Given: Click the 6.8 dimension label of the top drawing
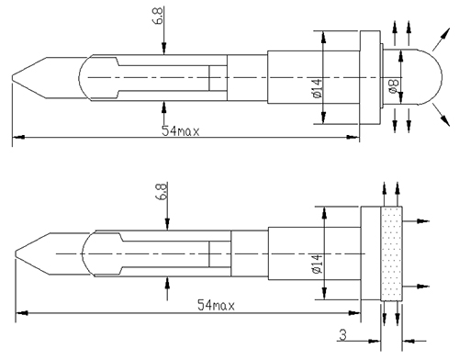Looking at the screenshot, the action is tap(159, 17).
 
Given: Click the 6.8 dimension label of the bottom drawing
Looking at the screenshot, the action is tap(162, 191).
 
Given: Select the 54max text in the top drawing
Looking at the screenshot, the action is tap(180, 130).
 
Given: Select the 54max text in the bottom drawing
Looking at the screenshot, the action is tap(216, 305).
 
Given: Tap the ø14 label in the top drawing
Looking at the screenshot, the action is tap(318, 88).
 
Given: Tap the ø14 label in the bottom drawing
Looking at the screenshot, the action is tap(318, 264).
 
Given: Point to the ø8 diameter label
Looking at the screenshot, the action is tap(394, 85).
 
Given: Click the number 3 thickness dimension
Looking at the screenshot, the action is tap(343, 334).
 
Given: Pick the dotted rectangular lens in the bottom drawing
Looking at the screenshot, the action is tap(391, 253).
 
